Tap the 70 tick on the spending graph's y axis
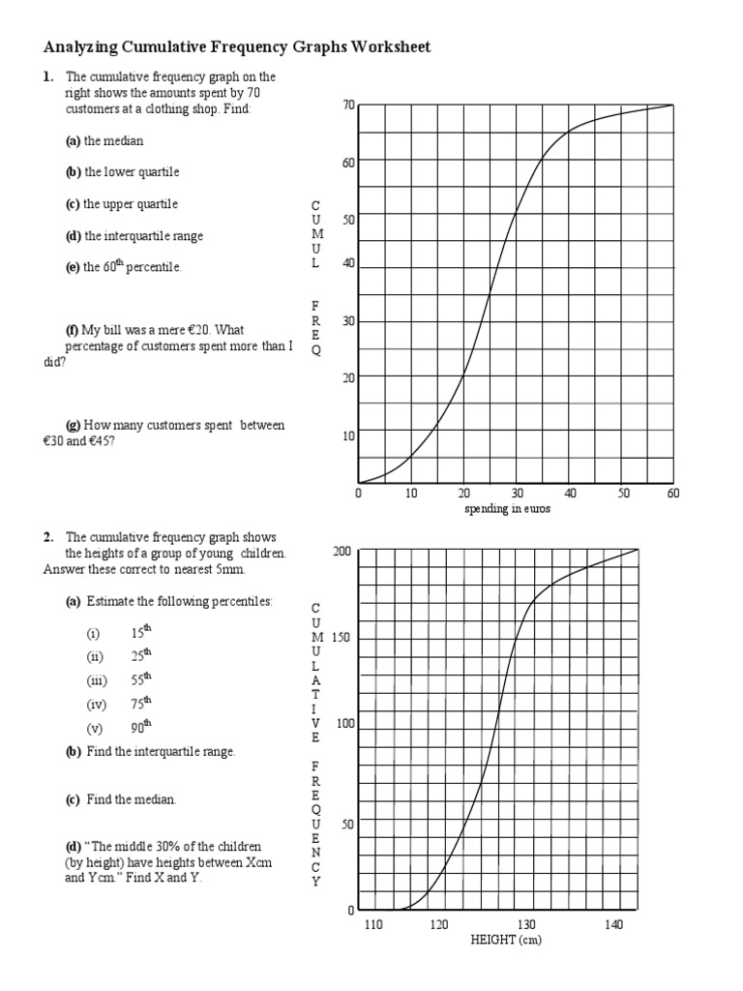coord(348,105)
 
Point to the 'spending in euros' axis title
coord(507,509)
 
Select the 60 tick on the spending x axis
coord(673,494)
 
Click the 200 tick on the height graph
coord(342,552)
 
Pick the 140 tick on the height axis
coord(613,925)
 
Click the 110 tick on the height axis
coord(373,925)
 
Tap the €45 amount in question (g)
coord(104,440)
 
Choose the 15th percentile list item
coord(141,633)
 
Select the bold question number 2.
coord(47,537)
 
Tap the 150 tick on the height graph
coord(340,639)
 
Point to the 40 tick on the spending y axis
coord(348,263)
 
